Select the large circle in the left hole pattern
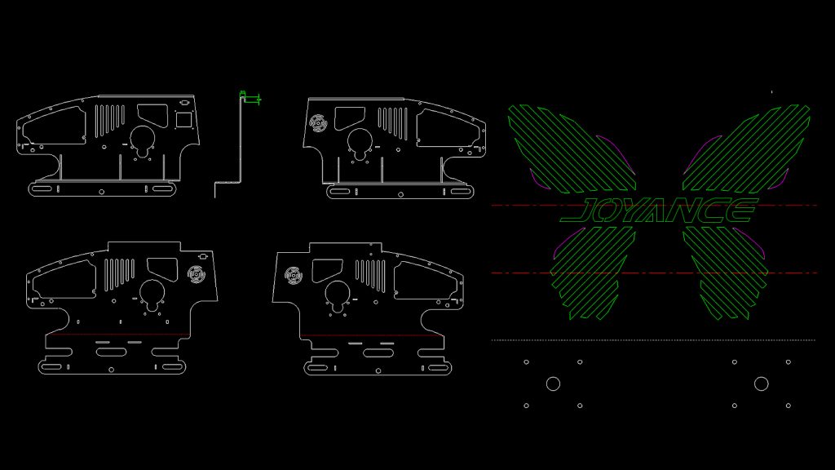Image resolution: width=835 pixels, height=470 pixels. pyautogui.click(x=554, y=384)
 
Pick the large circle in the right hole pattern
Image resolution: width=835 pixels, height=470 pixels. pyautogui.click(x=762, y=384)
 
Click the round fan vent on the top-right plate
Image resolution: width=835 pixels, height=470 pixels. pyautogui.click(x=318, y=123)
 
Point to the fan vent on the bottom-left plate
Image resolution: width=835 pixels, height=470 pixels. pyautogui.click(x=196, y=274)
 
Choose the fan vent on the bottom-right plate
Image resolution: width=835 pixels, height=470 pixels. pyautogui.click(x=293, y=275)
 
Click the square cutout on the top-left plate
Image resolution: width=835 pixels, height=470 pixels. pyautogui.click(x=183, y=120)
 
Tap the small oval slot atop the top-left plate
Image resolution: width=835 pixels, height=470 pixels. pyautogui.click(x=185, y=102)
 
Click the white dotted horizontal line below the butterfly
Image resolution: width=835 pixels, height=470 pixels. pyautogui.click(x=653, y=340)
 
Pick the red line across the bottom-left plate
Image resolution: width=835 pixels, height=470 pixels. pyautogui.click(x=118, y=335)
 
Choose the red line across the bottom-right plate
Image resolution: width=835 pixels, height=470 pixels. pyautogui.click(x=371, y=335)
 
